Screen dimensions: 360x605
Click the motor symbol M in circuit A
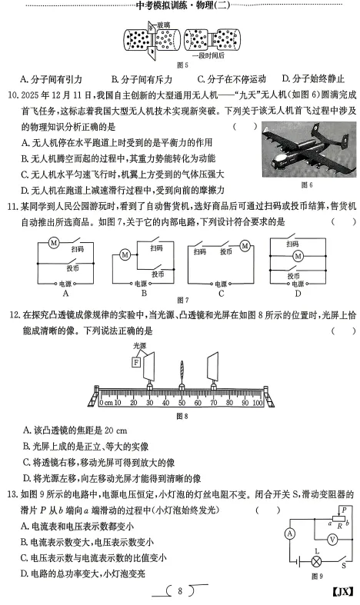[x=54, y=242]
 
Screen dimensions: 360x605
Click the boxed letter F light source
[x=138, y=362]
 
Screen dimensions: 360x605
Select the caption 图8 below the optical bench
[x=182, y=416]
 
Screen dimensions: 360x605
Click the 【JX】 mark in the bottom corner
[x=341, y=590]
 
